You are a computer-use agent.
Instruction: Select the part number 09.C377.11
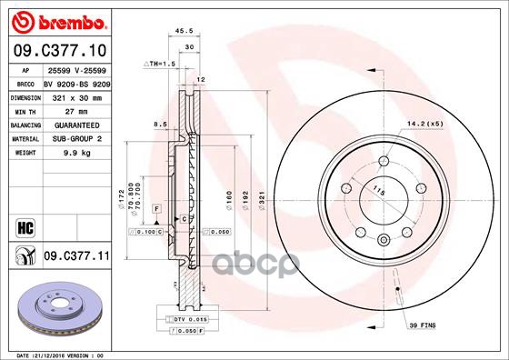click(75, 258)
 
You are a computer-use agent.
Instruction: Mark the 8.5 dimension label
click(160, 124)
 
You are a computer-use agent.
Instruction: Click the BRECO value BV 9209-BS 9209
click(78, 82)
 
